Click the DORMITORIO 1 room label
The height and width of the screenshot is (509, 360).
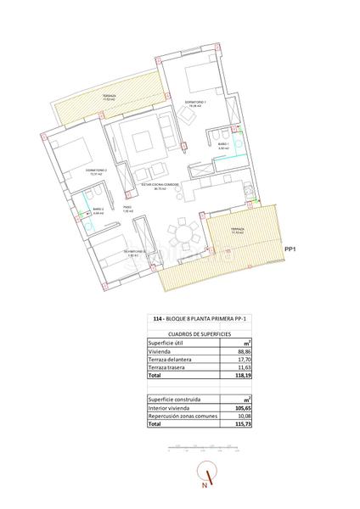pos(196,101)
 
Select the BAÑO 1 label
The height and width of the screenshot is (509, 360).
pos(224,145)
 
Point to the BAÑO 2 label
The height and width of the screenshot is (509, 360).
pos(98,209)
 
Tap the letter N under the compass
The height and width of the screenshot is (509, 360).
pos(205,487)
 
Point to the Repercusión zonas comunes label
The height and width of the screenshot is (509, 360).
pos(187,416)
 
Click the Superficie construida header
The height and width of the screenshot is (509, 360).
pos(176,399)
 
